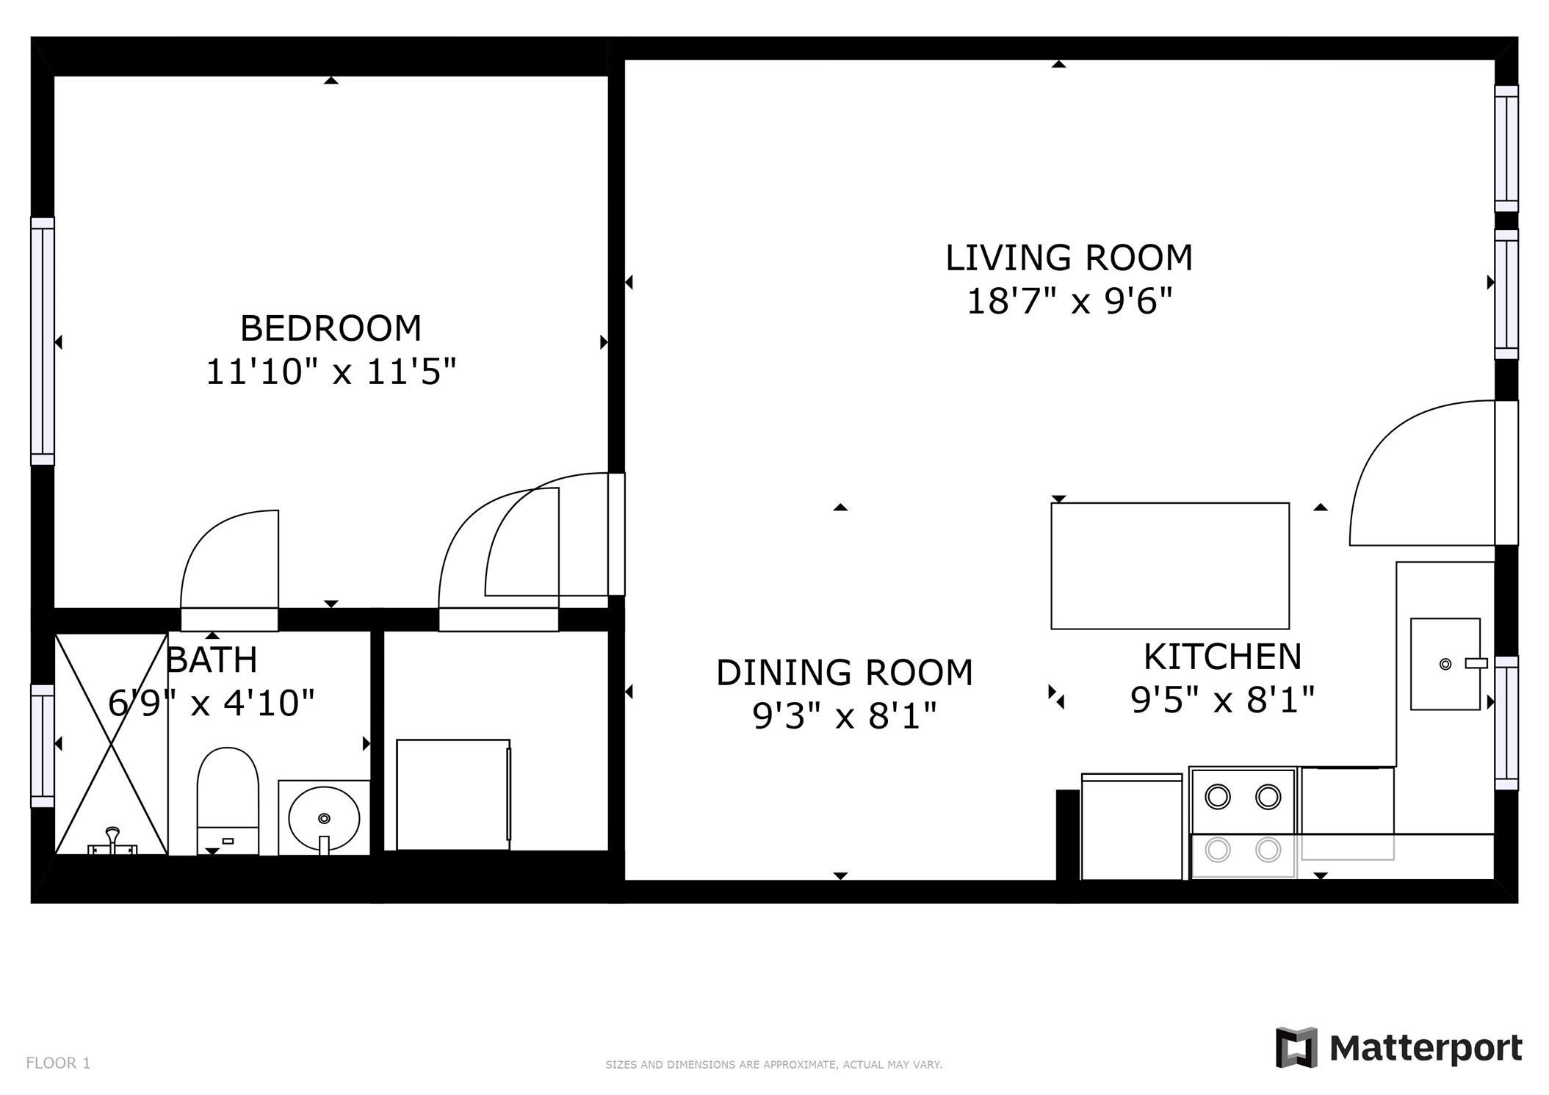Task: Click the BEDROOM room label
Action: pyautogui.click(x=331, y=328)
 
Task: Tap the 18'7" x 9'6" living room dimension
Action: pyautogui.click(x=1068, y=301)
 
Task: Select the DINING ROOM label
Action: pyautogui.click(x=844, y=673)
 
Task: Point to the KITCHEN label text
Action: pyautogui.click(x=1222, y=657)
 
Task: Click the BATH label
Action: pyautogui.click(x=212, y=659)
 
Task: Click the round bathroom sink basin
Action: pyautogui.click(x=324, y=817)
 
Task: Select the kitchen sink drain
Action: pyautogui.click(x=1445, y=664)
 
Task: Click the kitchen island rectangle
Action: pyautogui.click(x=1169, y=565)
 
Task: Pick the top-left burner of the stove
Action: pyautogui.click(x=1218, y=797)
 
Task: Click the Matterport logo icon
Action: pyautogui.click(x=1296, y=1047)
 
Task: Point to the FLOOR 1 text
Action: pyautogui.click(x=58, y=1063)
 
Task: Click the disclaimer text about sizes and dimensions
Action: pyautogui.click(x=773, y=1064)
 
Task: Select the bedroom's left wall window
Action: pyautogui.click(x=42, y=341)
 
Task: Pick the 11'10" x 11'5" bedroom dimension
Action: pyautogui.click(x=331, y=372)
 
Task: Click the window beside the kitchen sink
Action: pyautogui.click(x=1506, y=723)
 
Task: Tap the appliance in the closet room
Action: pyautogui.click(x=453, y=795)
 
